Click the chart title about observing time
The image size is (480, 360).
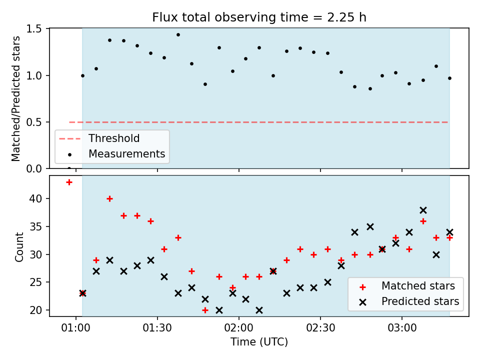(x=259, y=17)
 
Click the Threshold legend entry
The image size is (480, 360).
(x=99, y=138)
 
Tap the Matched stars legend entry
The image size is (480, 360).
(x=407, y=286)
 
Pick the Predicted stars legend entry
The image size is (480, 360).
(x=409, y=301)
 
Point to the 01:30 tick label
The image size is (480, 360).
(x=157, y=328)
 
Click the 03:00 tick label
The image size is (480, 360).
(x=402, y=328)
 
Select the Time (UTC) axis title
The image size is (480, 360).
(x=259, y=342)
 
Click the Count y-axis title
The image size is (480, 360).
(x=19, y=247)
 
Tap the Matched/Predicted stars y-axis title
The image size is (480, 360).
(x=15, y=98)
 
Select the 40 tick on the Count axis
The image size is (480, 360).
(x=36, y=198)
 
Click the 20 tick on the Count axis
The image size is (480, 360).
(x=36, y=310)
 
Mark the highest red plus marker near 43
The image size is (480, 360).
(x=69, y=182)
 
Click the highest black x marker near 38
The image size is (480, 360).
(x=423, y=210)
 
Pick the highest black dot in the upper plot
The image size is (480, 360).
(x=178, y=35)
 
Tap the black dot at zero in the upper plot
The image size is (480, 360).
(x=69, y=168)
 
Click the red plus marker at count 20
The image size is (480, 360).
(x=205, y=310)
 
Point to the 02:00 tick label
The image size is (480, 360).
(x=239, y=328)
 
